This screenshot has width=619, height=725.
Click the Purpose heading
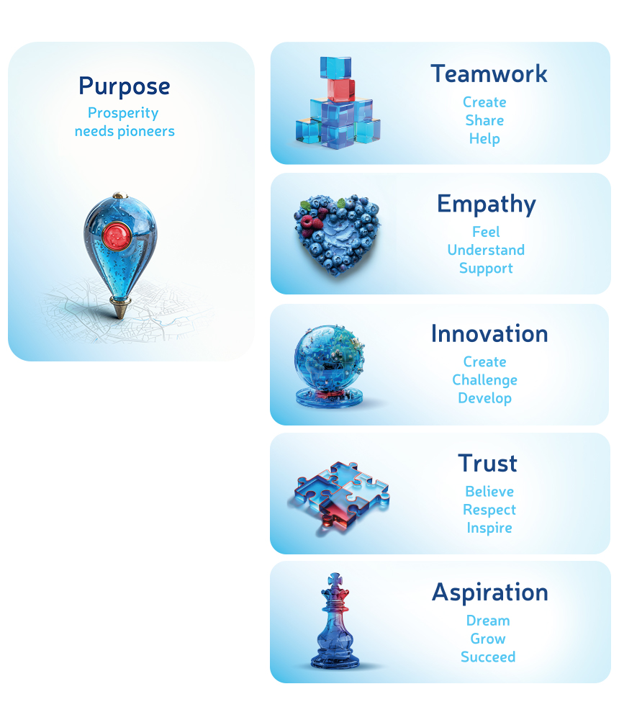125,86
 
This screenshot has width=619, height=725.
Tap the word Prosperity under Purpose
123,113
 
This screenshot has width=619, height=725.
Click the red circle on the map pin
115,234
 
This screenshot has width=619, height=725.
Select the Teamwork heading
489,73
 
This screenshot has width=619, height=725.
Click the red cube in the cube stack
340,89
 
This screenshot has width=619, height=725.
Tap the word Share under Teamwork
484,120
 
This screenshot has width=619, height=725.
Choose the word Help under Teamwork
484,138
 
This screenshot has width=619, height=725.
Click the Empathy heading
486,204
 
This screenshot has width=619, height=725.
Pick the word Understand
486,250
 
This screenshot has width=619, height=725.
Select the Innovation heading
489,333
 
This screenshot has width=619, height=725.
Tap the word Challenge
484,379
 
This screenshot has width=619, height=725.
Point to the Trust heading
487,463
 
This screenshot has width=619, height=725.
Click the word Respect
489,510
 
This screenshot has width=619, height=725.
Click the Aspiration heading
489,593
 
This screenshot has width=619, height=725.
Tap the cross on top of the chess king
333,580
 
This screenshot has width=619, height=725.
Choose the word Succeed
488,657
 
